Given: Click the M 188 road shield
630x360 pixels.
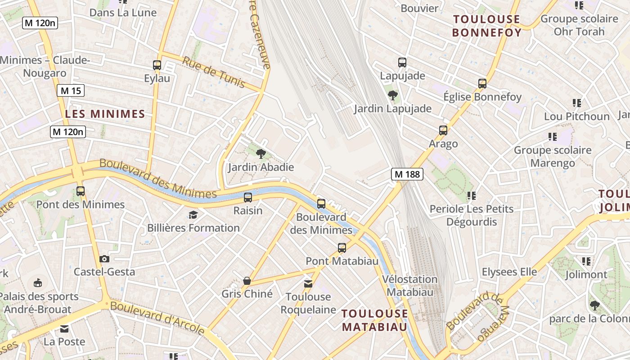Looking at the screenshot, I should (407, 174).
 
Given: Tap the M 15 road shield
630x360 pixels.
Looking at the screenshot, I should (71, 91).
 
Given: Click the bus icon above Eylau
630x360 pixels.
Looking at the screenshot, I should (157, 65).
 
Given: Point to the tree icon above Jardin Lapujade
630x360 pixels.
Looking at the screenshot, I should (393, 95).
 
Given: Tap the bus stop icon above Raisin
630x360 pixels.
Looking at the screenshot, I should (248, 198).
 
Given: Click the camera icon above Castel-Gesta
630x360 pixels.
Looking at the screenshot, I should (104, 259).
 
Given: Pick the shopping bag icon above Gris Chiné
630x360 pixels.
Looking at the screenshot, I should (247, 281).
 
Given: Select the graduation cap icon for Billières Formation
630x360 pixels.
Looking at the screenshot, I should (193, 215).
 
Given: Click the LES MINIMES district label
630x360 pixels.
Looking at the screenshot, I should (105, 114).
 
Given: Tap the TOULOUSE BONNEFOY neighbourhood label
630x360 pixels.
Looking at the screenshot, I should (486, 26).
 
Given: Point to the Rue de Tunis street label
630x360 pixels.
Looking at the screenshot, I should (214, 72).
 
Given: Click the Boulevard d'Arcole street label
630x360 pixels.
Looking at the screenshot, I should (157, 318).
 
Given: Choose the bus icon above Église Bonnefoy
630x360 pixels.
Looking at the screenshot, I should (482, 84).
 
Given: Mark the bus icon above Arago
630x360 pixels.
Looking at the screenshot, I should (443, 130).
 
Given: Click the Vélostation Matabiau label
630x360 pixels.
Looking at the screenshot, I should (410, 286).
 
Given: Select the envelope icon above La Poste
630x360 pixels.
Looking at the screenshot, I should (64, 329).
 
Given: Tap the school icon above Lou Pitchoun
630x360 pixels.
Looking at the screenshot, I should (577, 103).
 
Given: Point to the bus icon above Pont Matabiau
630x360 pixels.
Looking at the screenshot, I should (342, 248).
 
